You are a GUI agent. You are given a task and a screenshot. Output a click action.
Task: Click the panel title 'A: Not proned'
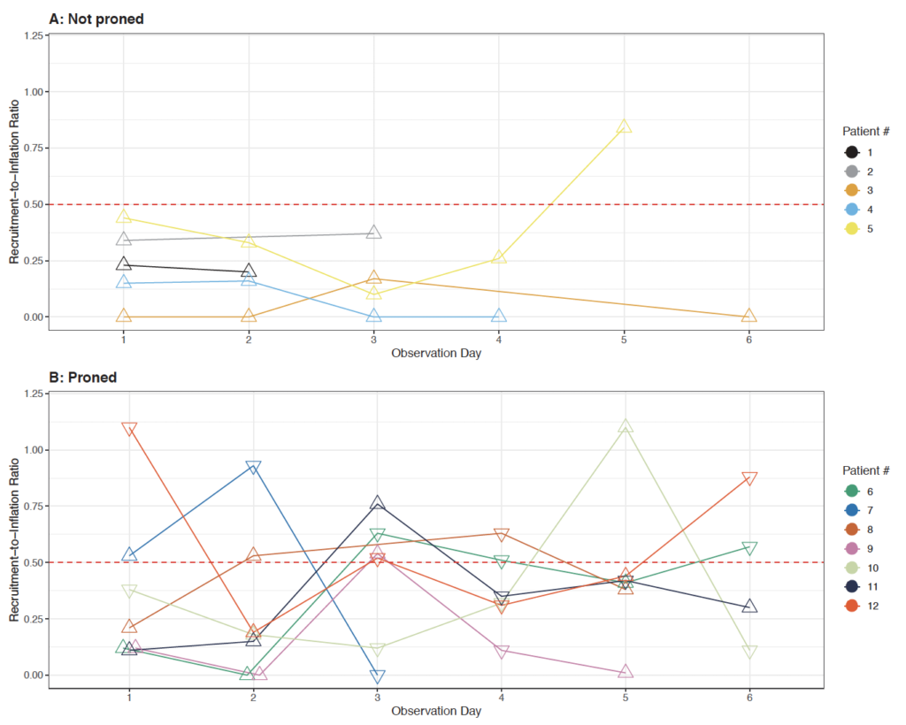click(x=96, y=19)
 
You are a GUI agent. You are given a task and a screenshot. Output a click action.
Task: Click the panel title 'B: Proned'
click(x=83, y=378)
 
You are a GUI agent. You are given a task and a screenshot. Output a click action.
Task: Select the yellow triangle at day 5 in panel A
click(x=624, y=126)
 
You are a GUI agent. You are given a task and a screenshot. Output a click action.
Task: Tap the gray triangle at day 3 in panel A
click(x=374, y=232)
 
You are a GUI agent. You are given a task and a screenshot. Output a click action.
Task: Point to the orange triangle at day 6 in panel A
click(x=749, y=315)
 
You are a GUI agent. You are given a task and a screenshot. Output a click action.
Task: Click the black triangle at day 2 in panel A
click(x=249, y=271)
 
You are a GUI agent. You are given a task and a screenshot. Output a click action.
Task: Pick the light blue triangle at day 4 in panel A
click(x=499, y=315)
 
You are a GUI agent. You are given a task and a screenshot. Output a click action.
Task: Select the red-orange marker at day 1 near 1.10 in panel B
click(x=129, y=429)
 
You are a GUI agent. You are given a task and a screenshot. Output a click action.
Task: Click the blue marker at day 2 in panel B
click(x=253, y=468)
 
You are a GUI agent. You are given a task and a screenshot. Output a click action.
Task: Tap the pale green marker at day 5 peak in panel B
click(x=626, y=426)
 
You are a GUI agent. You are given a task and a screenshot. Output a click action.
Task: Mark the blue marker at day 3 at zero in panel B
click(x=377, y=676)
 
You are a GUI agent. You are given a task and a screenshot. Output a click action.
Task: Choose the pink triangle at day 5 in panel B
click(x=626, y=671)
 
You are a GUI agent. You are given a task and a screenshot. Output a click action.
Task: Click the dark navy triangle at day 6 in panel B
click(x=749, y=607)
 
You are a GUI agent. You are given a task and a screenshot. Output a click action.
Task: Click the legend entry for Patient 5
click(x=858, y=229)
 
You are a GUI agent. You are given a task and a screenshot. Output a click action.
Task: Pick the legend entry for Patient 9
click(x=858, y=548)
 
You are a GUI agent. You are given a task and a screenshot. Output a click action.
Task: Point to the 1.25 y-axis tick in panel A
click(x=34, y=35)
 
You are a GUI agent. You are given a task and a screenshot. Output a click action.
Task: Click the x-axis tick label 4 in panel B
click(x=502, y=698)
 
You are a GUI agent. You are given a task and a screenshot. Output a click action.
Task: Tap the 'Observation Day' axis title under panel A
click(x=436, y=354)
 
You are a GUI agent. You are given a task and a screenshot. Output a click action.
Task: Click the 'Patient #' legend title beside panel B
click(x=865, y=470)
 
